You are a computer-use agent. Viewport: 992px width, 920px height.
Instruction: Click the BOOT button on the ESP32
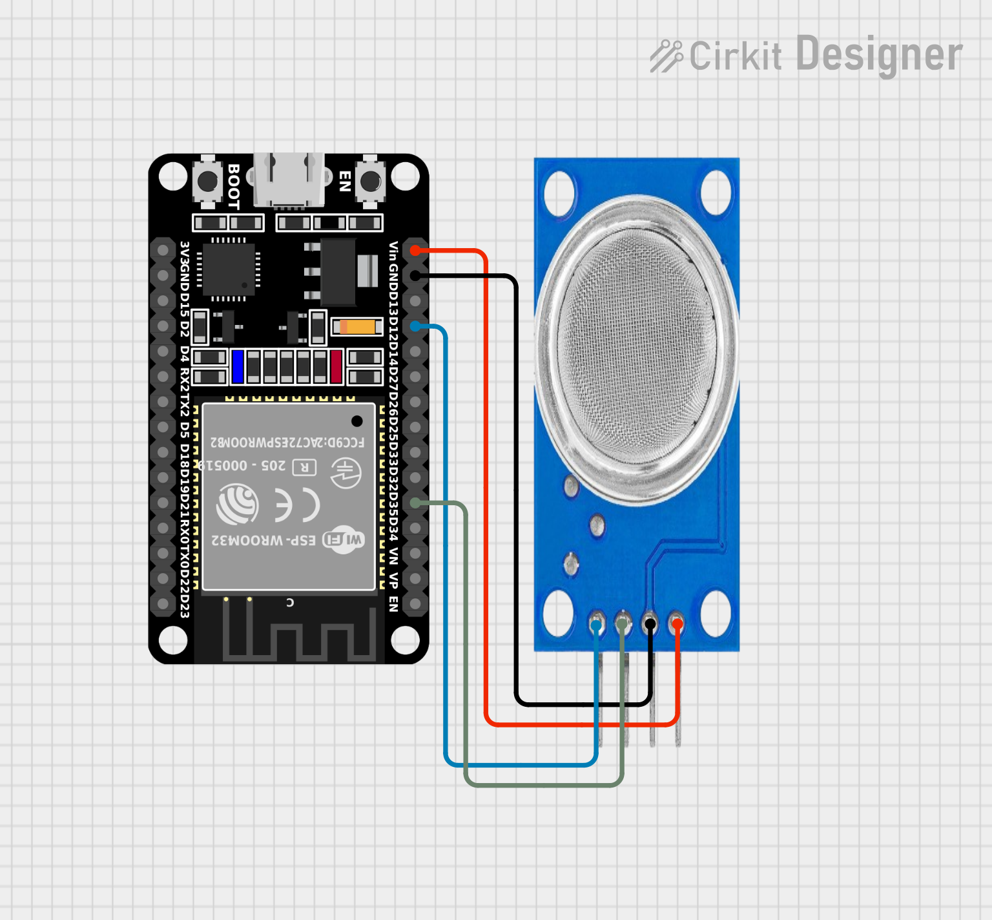207,182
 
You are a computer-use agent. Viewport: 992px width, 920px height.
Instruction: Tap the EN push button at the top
370,182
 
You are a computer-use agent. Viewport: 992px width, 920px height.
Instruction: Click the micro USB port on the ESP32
288,181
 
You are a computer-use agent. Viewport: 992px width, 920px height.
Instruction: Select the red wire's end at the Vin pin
415,250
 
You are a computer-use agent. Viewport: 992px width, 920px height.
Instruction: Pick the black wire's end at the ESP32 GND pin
415,276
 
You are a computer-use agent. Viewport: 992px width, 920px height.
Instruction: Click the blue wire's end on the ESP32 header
415,326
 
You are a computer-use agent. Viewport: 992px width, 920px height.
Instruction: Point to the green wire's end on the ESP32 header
415,503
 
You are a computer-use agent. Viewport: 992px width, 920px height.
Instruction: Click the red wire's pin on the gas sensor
676,624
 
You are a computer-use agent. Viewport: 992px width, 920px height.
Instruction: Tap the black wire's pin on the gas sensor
650,624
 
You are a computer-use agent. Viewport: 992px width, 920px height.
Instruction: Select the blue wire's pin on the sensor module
596,625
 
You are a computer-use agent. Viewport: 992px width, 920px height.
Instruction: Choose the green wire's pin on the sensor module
623,625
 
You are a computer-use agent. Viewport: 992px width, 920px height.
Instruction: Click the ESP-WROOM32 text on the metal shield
263,540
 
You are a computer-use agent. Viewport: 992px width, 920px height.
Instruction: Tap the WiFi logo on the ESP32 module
344,539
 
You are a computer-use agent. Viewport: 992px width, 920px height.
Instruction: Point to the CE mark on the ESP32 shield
297,505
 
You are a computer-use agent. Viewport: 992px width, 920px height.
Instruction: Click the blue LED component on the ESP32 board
238,366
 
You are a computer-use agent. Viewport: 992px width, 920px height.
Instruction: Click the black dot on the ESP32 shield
356,421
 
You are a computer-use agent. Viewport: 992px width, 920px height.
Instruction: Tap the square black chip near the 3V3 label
229,269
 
